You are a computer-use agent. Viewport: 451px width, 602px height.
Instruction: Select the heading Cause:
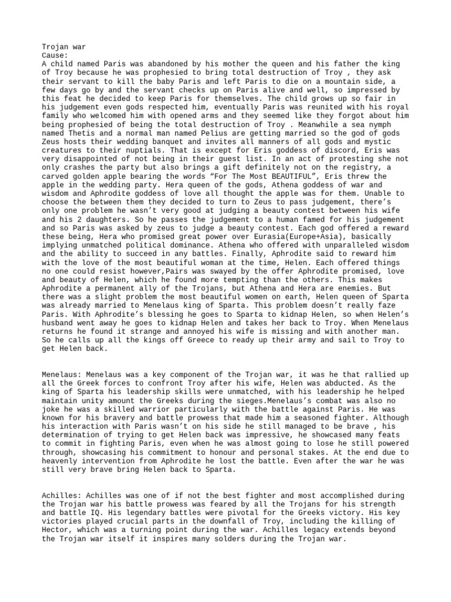[x=55, y=55]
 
